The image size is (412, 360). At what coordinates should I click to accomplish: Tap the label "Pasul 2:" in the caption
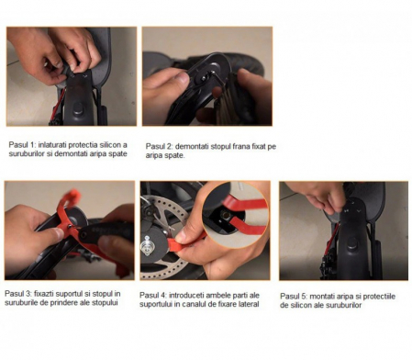point(159,146)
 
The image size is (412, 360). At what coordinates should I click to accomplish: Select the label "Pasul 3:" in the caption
point(18,294)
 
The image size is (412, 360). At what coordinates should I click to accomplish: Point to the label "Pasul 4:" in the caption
point(153,296)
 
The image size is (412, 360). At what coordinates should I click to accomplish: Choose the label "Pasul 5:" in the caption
point(294,297)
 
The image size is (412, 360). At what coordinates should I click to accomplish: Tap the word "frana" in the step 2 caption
point(241,146)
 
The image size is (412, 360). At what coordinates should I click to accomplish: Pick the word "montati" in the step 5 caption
point(322,297)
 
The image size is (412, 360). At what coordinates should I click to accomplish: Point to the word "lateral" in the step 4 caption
point(249,304)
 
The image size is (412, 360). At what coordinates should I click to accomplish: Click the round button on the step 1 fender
point(78,108)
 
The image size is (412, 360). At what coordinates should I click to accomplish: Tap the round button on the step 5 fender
point(351,244)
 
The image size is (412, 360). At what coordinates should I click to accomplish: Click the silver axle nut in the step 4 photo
point(147,246)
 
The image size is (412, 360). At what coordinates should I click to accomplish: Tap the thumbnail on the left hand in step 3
point(57,233)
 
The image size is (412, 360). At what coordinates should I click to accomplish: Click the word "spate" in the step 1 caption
point(117,153)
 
